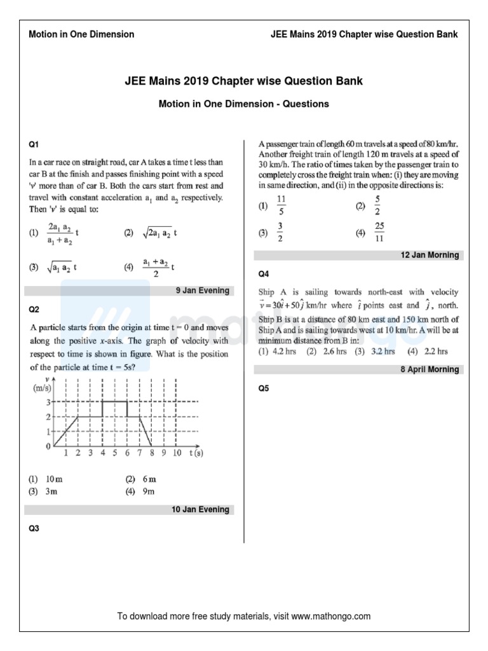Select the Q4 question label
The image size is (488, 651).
(x=264, y=274)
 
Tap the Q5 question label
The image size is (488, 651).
(x=264, y=388)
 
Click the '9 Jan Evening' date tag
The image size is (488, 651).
(x=202, y=291)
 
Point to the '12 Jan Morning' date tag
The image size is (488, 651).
(x=430, y=255)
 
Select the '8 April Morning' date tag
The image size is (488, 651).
(x=429, y=369)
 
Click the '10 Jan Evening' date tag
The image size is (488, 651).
(x=200, y=509)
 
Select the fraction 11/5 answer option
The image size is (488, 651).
(x=281, y=206)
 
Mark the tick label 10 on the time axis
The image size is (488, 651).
(x=177, y=453)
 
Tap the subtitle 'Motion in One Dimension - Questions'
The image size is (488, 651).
(x=243, y=103)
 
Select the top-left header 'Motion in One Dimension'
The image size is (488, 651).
(x=81, y=34)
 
